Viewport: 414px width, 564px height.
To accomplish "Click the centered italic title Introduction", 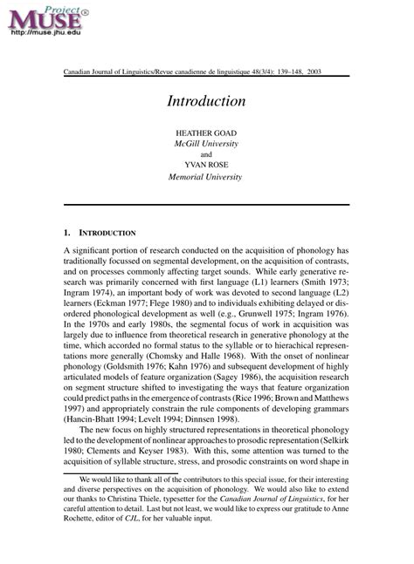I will [206, 101].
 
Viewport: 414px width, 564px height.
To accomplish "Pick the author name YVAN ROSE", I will [206, 165].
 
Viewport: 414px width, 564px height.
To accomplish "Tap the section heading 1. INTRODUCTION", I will [100, 234].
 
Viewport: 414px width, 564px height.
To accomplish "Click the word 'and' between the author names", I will [206, 153].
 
